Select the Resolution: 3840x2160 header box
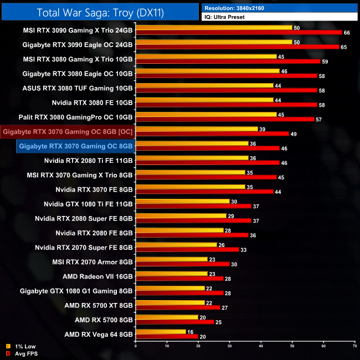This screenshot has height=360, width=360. tap(280, 8)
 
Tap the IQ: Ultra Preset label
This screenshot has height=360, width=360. tap(280, 17)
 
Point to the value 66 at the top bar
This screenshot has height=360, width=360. tap(347, 33)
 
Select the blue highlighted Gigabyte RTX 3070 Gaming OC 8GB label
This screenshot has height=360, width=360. tap(75, 146)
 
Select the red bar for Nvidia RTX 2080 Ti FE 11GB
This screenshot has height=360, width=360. tap(207, 162)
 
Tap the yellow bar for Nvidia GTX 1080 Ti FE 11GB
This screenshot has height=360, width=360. tap(182, 201)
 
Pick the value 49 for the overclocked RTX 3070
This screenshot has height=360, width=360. tap(294, 133)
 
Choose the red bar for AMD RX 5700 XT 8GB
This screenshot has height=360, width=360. tap(178, 306)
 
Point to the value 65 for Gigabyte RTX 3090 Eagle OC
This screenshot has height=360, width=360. tap(344, 47)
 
